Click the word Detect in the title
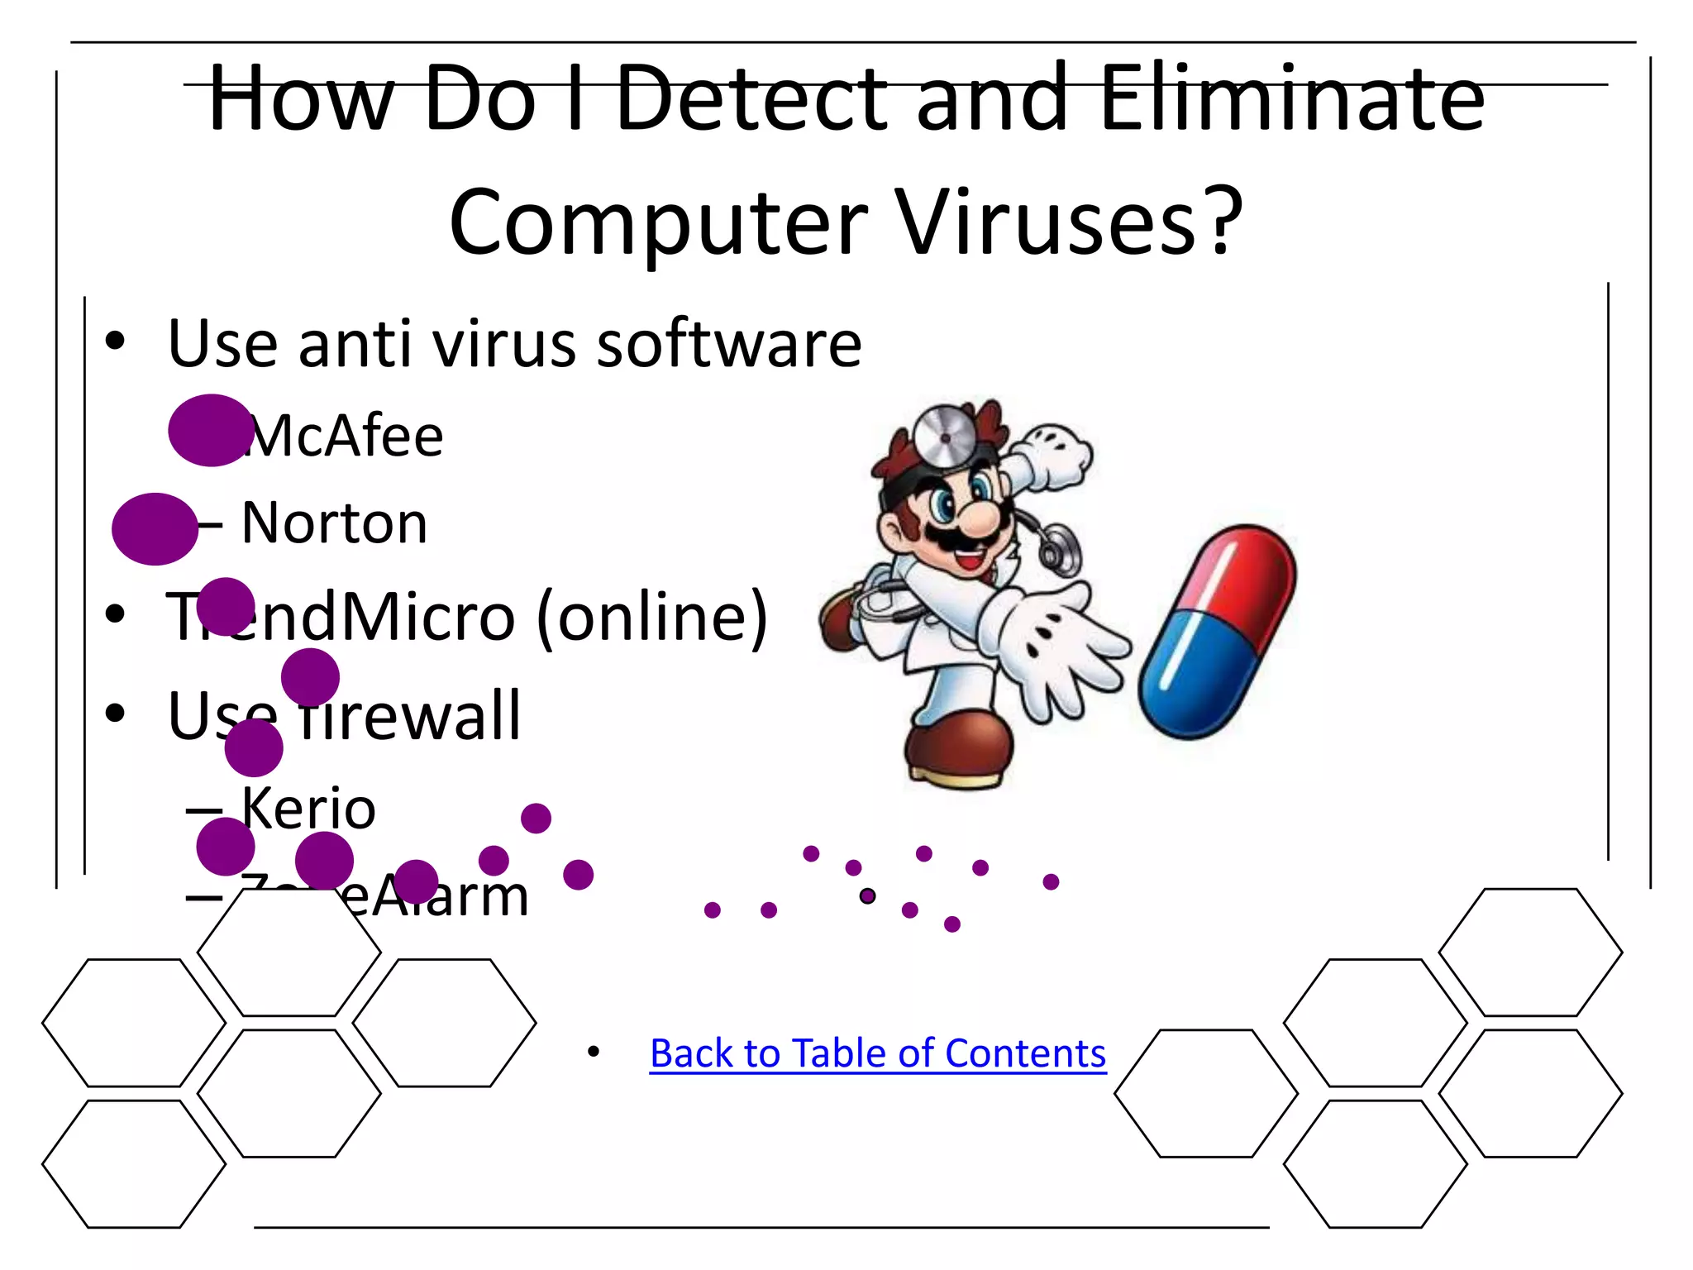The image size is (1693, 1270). pos(751,99)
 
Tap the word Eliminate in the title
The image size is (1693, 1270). pos(1292,99)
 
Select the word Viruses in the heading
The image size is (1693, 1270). pos(1069,222)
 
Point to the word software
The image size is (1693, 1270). pos(729,343)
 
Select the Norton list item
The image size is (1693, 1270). pos(334,523)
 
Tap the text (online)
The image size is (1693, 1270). pos(652,617)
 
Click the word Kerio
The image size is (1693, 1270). pos(308,808)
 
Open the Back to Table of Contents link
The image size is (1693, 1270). pos(877,1053)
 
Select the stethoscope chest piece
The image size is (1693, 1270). pos(1061,551)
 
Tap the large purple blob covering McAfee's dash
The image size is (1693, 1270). pos(210,430)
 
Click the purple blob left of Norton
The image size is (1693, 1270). pos(155,529)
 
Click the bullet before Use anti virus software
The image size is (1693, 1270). pos(115,341)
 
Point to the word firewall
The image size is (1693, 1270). pos(409,716)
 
